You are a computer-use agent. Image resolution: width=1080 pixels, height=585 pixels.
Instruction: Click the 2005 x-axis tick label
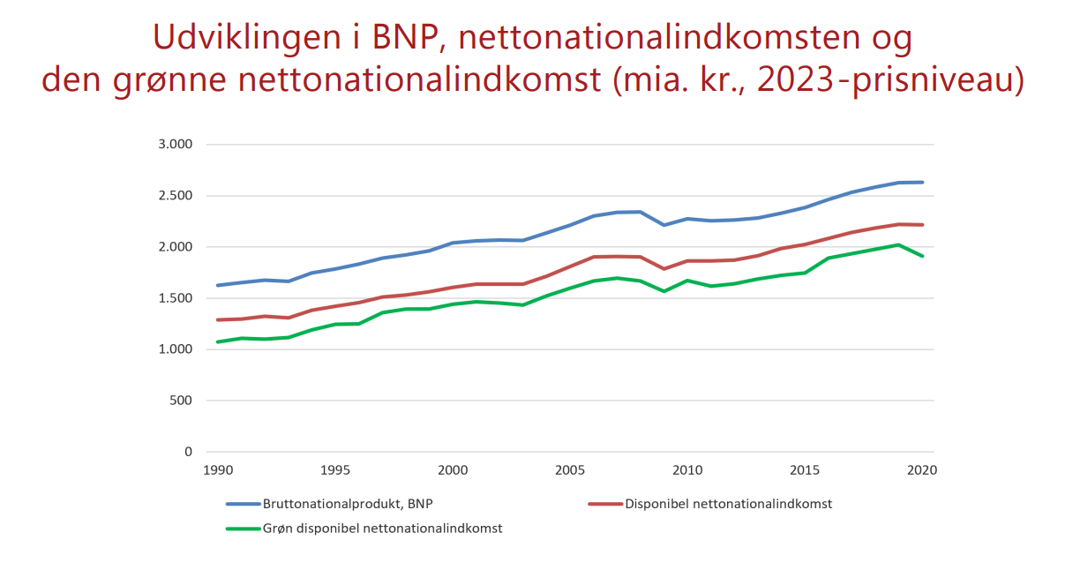[x=570, y=470]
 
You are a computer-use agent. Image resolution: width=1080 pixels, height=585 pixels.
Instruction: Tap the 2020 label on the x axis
[x=922, y=470]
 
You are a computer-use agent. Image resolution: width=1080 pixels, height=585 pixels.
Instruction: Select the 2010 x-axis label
[x=687, y=470]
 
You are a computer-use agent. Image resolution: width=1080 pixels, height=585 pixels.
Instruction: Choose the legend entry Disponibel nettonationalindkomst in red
[x=728, y=505]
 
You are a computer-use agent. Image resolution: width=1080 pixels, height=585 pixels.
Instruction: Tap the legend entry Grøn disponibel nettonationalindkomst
[x=382, y=529]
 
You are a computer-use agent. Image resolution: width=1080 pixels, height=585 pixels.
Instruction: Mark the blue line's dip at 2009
[x=664, y=225]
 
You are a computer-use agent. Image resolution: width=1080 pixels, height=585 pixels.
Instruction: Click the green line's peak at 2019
[x=898, y=244]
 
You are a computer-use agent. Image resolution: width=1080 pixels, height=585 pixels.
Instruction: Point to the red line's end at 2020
[x=922, y=225]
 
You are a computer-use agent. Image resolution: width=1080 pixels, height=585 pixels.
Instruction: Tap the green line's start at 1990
[x=218, y=341]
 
